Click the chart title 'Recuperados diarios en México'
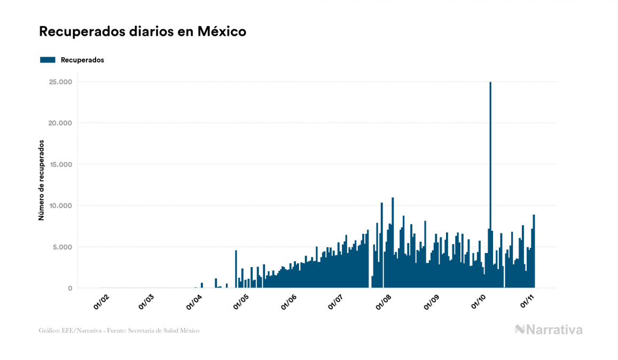coord(143,32)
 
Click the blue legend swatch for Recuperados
coord(48,60)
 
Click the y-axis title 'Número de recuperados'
coord(41,181)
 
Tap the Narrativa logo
coord(549,330)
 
